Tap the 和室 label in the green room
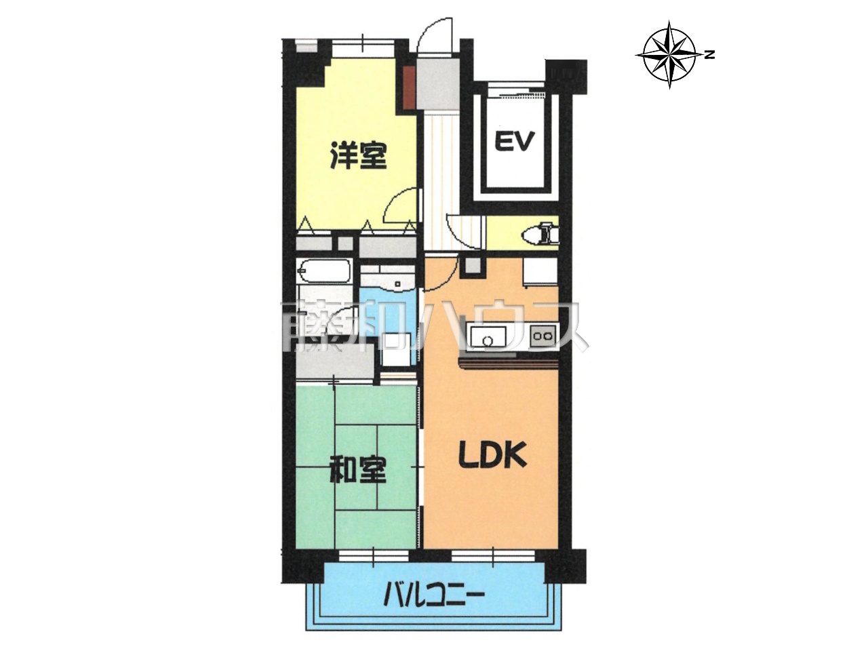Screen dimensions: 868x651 click(x=358, y=470)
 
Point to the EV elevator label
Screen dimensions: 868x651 click(x=515, y=142)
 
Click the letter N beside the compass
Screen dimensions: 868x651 click(x=711, y=55)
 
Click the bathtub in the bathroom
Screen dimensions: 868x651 click(x=324, y=271)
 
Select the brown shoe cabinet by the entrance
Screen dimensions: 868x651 click(x=409, y=88)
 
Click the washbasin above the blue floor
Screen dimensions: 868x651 click(x=387, y=281)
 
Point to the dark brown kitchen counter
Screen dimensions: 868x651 click(x=508, y=362)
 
